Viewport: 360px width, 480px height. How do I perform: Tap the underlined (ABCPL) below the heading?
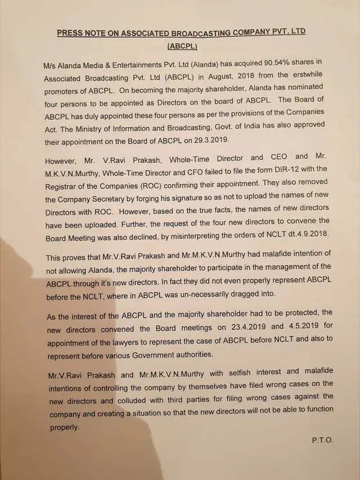pos(182,46)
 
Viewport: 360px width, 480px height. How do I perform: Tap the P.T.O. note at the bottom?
pos(322,440)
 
